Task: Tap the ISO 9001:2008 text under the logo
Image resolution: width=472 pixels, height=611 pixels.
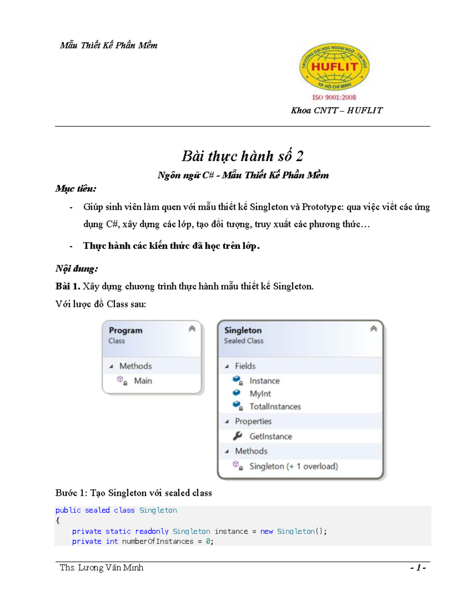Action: (x=334, y=97)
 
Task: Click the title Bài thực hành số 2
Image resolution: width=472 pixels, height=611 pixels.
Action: (x=242, y=156)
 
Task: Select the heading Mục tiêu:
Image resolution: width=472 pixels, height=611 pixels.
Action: (x=76, y=189)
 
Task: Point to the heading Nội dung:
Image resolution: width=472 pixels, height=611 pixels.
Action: (x=77, y=269)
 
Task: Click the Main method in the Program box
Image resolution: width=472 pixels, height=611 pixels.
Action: (x=143, y=381)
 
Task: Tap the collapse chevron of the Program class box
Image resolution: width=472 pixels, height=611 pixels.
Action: (x=192, y=329)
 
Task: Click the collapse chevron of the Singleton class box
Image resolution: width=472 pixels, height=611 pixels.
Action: (x=374, y=329)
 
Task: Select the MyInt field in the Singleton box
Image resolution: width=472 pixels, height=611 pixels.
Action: (x=260, y=394)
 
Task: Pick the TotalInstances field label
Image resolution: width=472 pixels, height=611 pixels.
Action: (x=275, y=407)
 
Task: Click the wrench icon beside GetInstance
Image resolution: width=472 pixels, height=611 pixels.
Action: (x=238, y=436)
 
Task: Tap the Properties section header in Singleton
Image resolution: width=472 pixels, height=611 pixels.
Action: (x=253, y=421)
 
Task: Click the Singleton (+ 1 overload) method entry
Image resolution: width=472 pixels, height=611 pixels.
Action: (x=293, y=466)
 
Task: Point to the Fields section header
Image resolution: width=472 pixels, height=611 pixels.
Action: (x=245, y=366)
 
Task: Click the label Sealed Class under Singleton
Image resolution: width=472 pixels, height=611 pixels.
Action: (x=243, y=341)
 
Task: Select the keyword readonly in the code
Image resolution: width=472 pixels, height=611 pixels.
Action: (x=151, y=532)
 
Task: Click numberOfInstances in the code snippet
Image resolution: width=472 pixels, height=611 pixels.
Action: (x=158, y=542)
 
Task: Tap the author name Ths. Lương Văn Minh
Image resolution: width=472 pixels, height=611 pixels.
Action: (x=101, y=568)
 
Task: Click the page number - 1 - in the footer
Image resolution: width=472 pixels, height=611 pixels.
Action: (x=418, y=568)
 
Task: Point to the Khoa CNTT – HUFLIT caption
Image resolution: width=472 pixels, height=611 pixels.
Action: (x=336, y=111)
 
